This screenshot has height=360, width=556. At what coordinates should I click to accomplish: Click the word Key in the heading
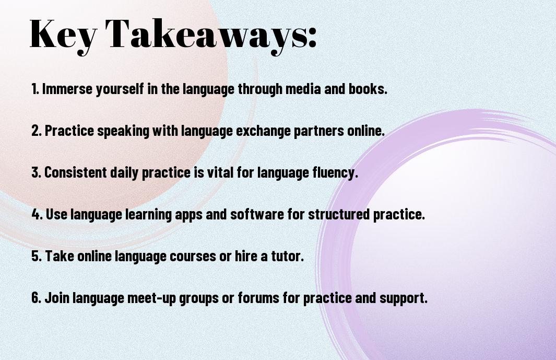click(63, 35)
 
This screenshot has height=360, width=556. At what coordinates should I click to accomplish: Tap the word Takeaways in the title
click(206, 35)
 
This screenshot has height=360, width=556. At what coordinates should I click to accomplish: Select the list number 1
click(35, 89)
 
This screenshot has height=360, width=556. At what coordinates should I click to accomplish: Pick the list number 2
click(36, 131)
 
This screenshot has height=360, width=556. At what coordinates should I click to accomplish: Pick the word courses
click(193, 256)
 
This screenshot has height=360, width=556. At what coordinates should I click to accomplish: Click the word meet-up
click(151, 298)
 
